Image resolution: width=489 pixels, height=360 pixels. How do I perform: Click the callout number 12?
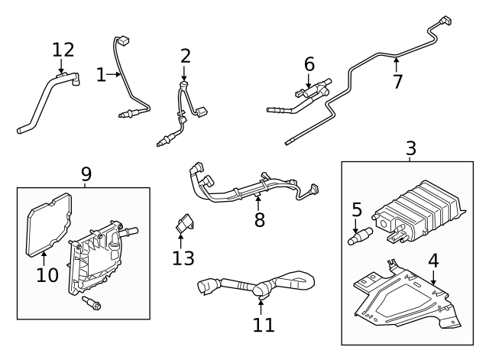(63, 50)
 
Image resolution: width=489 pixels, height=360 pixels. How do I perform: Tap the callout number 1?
(102, 74)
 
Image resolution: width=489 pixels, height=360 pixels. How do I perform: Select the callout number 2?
(186, 55)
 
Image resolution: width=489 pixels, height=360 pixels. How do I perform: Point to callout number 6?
(309, 64)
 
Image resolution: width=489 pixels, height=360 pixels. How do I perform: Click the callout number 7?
(397, 81)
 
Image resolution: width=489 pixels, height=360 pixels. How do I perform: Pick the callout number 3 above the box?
(410, 148)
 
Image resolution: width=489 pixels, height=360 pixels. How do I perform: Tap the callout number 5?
(356, 208)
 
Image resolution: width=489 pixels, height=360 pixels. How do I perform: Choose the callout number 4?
(433, 260)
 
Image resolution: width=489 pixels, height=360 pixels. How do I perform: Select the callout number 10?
(47, 274)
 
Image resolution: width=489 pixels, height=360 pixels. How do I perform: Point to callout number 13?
(183, 258)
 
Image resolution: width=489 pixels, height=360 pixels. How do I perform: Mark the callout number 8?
(259, 220)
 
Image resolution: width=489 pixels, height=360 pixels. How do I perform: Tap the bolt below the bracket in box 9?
(93, 304)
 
